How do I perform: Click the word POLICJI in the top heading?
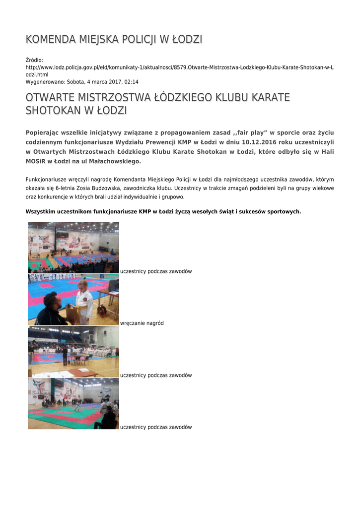(x=130, y=39)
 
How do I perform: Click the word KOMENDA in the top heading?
(x=48, y=39)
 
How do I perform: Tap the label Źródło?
(x=35, y=60)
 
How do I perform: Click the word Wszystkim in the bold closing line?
(x=41, y=211)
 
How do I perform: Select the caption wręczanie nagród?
(x=142, y=323)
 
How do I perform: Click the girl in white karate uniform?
(x=83, y=300)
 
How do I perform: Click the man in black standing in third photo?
(x=65, y=356)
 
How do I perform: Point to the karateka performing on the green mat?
(x=78, y=406)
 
